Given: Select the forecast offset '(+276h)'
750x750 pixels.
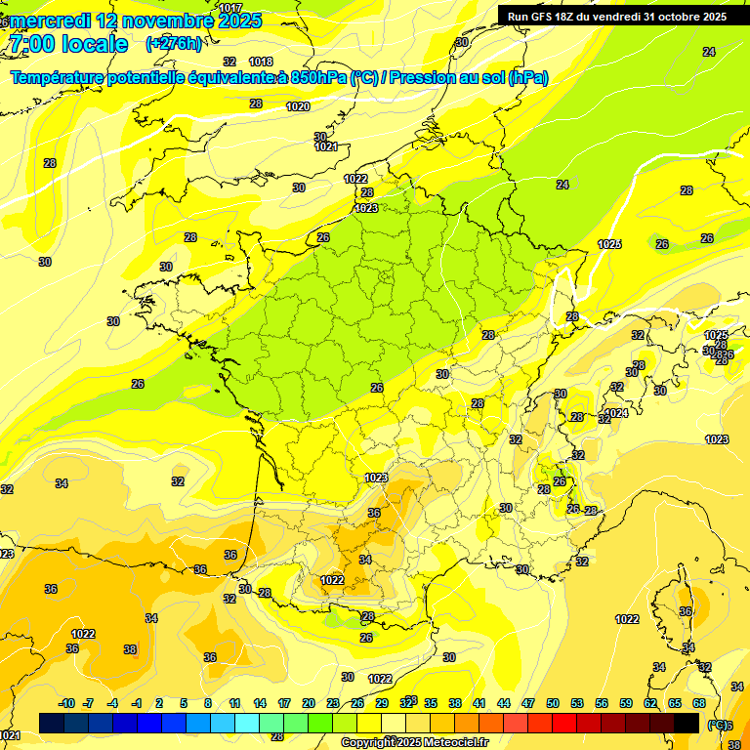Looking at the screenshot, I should click(174, 43).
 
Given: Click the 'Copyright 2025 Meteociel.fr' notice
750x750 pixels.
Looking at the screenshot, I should click(414, 742).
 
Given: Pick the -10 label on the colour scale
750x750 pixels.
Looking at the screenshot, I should click(66, 703).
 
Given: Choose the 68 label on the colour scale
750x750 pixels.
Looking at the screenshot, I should click(699, 703).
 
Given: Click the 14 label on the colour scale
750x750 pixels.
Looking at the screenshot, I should click(260, 703).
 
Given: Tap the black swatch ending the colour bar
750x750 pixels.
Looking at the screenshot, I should click(687, 723).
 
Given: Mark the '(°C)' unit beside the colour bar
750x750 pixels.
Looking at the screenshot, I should click(717, 724).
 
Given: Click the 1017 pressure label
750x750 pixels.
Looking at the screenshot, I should click(230, 8).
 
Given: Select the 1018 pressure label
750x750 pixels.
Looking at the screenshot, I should click(261, 62).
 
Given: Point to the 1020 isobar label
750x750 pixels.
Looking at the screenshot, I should click(298, 106).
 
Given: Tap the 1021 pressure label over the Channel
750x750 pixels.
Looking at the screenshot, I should click(326, 147).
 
